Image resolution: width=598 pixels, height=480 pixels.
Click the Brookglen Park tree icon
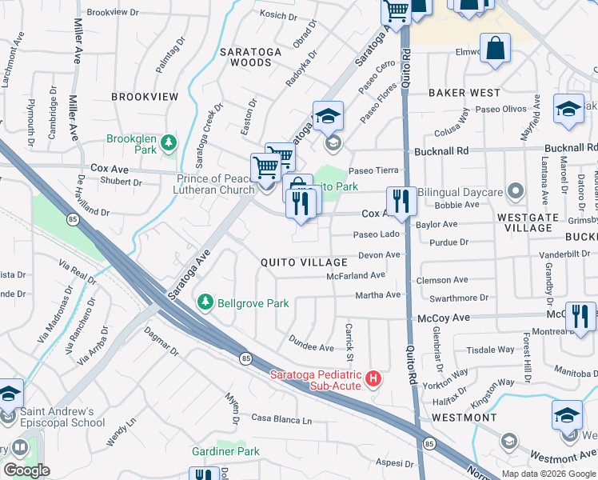coord(168,143)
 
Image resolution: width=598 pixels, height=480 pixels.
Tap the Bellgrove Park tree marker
coord(205,302)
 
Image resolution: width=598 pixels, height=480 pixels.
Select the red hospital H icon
coord(372,378)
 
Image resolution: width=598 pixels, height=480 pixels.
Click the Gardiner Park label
coord(225,451)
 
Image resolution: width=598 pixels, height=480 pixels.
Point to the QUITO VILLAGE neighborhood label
coord(304,262)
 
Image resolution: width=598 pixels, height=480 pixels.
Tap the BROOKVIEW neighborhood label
coord(145,96)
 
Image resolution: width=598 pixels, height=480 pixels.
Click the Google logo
coord(26,470)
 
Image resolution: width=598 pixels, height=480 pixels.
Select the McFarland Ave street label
coord(356,274)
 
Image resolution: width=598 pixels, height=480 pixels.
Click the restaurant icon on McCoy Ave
coord(580,315)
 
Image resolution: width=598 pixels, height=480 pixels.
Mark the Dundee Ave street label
coord(311,347)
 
